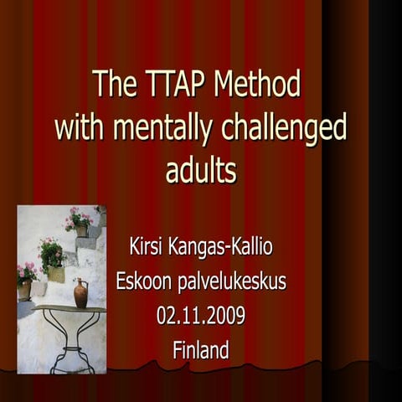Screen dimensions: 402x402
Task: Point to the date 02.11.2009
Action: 201,317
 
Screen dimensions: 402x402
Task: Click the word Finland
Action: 201,350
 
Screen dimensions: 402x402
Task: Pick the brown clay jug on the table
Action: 80,294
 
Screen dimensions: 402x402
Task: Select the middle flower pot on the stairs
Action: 55,272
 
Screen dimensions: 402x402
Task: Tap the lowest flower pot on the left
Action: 25,289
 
